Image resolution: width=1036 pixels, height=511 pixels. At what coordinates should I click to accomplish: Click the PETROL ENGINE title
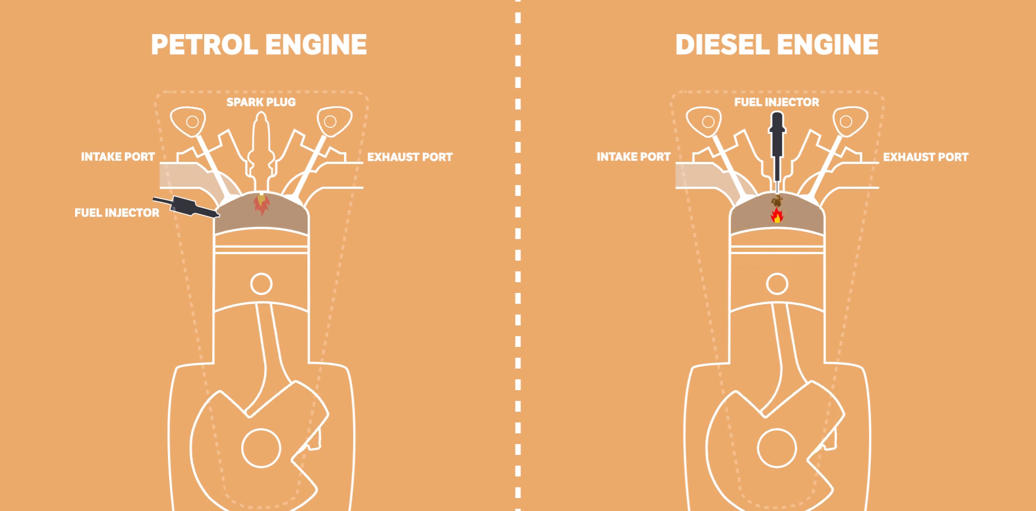pyautogui.click(x=259, y=45)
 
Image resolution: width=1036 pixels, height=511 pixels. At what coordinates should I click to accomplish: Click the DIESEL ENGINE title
pyautogui.click(x=776, y=45)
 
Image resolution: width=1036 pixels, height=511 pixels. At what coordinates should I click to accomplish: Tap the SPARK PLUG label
pyautogui.click(x=261, y=103)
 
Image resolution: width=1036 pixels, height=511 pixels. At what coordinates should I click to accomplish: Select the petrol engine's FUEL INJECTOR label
pyautogui.click(x=117, y=213)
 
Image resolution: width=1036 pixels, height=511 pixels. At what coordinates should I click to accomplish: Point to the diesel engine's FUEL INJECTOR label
pyautogui.click(x=776, y=103)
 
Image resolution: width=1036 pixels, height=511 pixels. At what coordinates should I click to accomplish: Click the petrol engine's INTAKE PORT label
pyautogui.click(x=118, y=157)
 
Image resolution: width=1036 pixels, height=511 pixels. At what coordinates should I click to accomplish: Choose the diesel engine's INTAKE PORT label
pyautogui.click(x=633, y=157)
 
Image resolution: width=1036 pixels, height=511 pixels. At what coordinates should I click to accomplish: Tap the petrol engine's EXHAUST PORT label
pyautogui.click(x=410, y=158)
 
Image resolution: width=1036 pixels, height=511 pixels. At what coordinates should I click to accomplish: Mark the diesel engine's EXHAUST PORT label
pyautogui.click(x=925, y=158)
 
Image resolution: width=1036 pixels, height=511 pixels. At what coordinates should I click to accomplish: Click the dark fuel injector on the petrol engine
pyautogui.click(x=186, y=207)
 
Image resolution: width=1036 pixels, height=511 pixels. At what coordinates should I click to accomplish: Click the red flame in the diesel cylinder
pyautogui.click(x=777, y=216)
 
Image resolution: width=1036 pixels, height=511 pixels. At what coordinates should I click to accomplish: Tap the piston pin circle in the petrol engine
pyautogui.click(x=261, y=284)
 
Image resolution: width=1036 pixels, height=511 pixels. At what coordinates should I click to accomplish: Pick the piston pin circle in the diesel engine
pyautogui.click(x=777, y=284)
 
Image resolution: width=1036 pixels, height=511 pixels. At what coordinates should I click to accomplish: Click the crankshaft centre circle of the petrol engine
pyautogui.click(x=261, y=448)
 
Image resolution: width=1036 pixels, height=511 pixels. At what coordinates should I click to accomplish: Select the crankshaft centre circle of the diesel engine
pyautogui.click(x=777, y=448)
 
